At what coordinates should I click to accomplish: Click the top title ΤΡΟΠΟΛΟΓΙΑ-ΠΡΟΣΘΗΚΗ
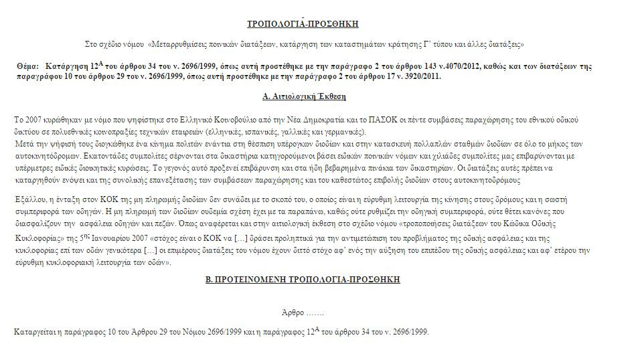coord(303,23)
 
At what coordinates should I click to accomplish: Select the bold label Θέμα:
coord(29,68)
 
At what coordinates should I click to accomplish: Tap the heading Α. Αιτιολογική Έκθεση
coord(303,96)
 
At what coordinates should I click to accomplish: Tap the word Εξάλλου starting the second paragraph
coord(29,199)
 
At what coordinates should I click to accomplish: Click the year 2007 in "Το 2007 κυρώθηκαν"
coord(33,119)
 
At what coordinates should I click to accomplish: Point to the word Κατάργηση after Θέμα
coord(67,68)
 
